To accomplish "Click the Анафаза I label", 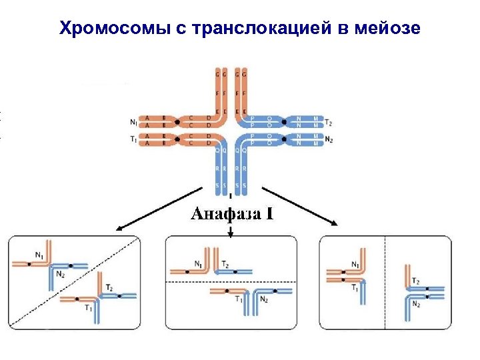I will (x=232, y=214).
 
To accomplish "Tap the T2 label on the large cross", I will (x=329, y=122).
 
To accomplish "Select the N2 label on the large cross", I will (x=329, y=139).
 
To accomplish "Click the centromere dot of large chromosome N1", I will (x=177, y=121).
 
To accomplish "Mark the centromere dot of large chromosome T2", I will (x=284, y=122).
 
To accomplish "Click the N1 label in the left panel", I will (x=40, y=254).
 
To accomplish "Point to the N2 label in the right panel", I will (x=416, y=305).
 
